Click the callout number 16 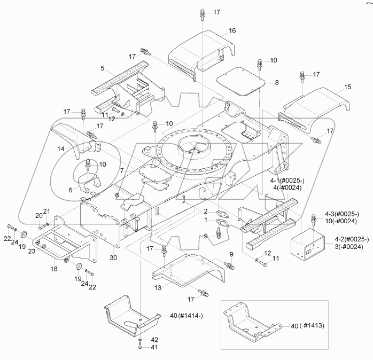tap(232, 30)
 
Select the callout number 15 tap(347, 87)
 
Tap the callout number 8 tap(277, 83)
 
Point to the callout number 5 tap(103, 68)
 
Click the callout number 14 tap(61, 149)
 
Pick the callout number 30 tap(113, 257)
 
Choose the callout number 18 tap(54, 269)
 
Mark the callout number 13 tap(158, 288)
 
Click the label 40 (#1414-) tap(187, 316)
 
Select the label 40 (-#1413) tap(308, 326)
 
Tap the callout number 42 tap(154, 340)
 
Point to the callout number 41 tap(154, 347)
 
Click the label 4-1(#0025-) tap(287, 181)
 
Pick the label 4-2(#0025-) tap(352, 239)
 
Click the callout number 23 tap(32, 251)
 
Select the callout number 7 tap(122, 171)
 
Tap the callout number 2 tap(206, 212)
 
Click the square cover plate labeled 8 tap(240, 81)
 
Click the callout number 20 tap(39, 216)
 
